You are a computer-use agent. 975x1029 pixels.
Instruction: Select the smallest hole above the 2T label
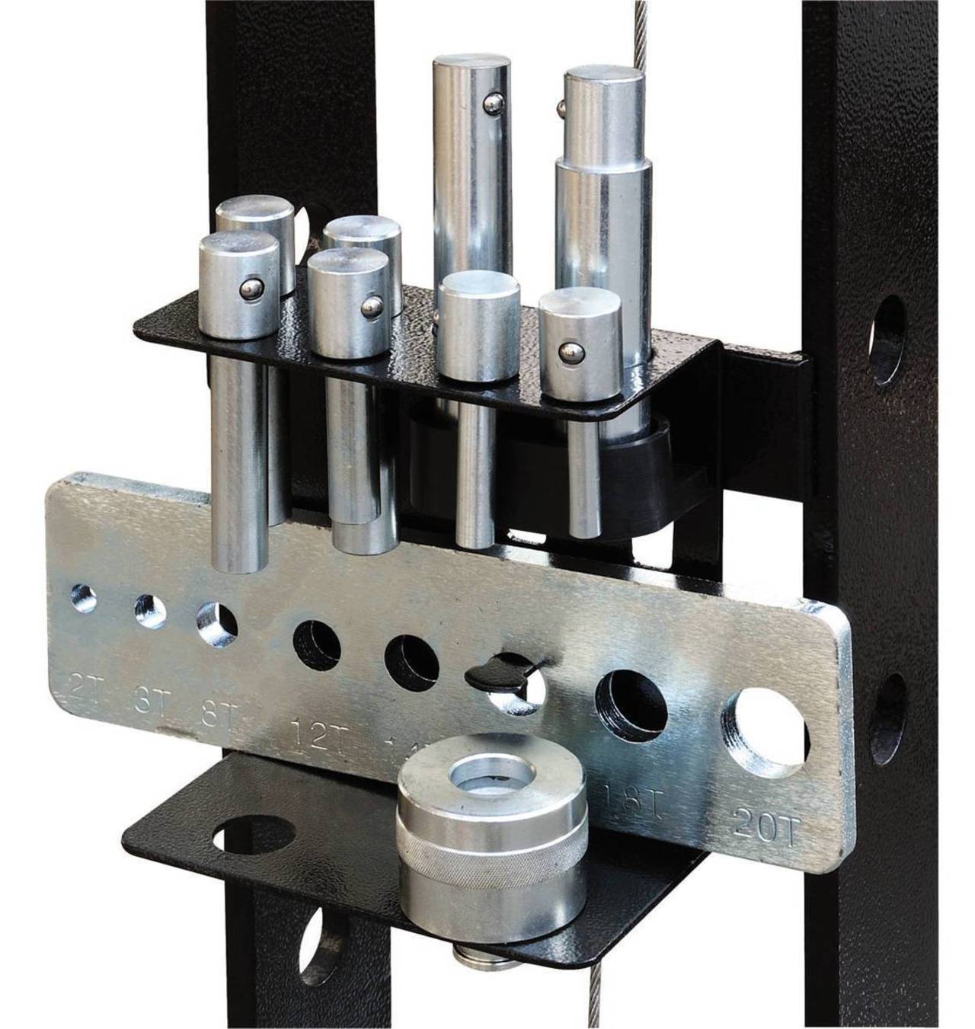click(83, 599)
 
